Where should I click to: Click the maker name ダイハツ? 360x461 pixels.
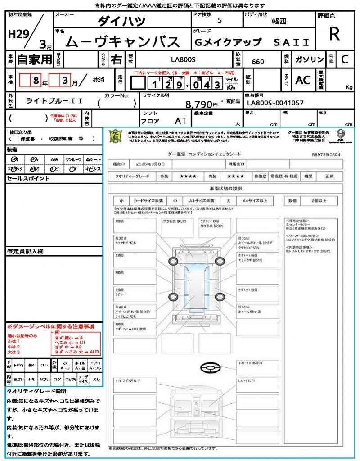[122, 21]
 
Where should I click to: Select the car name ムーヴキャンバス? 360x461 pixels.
[123, 42]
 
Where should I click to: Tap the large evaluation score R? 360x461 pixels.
[334, 34]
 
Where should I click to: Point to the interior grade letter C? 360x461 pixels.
[345, 59]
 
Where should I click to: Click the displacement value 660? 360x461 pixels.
[258, 62]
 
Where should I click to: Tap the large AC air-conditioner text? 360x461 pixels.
[303, 80]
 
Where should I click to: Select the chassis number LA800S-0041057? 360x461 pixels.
[275, 103]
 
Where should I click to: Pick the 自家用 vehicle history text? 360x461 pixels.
[35, 59]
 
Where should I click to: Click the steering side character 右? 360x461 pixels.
[116, 59]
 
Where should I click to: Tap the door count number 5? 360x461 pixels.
[219, 21]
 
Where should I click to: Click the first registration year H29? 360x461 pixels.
[18, 35]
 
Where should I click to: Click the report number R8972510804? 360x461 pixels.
[326, 154]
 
